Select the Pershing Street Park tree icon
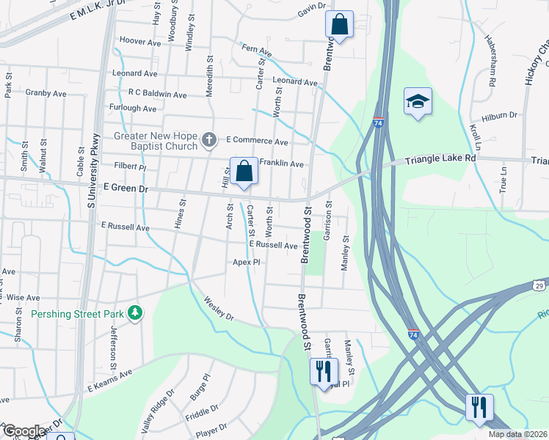coord(134,314)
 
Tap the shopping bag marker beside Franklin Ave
coord(244,172)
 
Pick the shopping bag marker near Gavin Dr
coord(340,24)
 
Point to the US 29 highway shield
coord(539,285)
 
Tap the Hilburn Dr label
coord(500,116)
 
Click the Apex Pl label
coord(247,262)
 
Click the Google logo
coord(23,431)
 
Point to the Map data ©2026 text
coord(518,434)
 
